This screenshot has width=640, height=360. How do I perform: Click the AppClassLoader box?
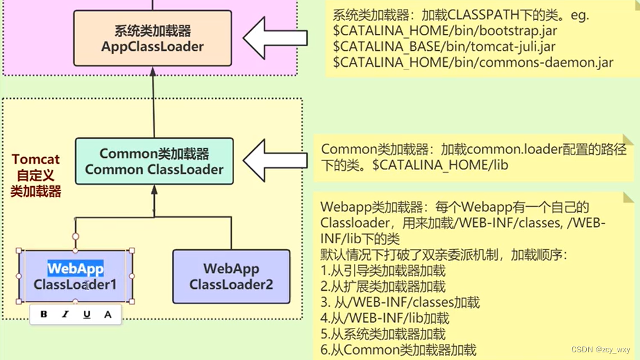153,39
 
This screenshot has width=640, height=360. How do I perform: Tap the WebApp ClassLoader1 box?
76,276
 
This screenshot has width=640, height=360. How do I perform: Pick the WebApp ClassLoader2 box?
231,276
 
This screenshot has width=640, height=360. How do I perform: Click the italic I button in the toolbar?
65,314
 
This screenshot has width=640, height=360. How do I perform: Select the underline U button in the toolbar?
87,314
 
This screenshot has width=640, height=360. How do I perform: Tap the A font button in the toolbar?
108,314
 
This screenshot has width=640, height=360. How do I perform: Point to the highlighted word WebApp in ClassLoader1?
76,268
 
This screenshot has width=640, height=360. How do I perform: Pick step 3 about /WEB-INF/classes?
400,302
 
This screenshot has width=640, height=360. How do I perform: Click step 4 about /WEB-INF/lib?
385,318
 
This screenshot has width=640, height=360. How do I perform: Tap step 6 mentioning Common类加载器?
399,350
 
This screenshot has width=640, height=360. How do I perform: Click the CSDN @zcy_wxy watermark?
600,350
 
